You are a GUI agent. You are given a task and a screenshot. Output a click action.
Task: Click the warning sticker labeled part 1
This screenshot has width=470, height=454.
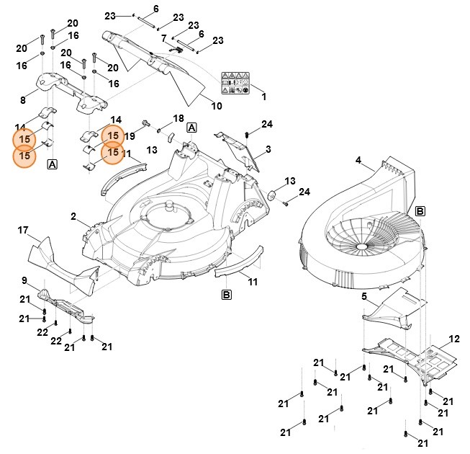(235, 83)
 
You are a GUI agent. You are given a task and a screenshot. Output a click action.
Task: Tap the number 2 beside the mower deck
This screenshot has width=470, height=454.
(73, 216)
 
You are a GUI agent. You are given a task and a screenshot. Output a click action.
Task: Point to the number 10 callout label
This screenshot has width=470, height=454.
(216, 106)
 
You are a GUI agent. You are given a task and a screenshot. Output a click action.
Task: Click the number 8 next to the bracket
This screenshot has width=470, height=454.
(23, 100)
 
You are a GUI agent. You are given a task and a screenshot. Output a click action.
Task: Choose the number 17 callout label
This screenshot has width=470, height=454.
(22, 231)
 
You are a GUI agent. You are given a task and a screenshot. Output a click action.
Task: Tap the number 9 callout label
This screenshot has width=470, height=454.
(24, 280)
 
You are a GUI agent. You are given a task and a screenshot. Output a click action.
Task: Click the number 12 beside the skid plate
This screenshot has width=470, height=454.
(453, 339)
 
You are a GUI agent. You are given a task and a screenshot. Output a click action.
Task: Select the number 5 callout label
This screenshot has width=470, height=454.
(364, 296)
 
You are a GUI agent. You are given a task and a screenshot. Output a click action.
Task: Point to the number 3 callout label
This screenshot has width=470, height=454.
(268, 149)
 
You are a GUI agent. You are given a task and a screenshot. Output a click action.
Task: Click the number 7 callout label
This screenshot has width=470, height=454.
(163, 38)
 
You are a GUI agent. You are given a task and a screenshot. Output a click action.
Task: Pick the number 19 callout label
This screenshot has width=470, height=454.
(130, 135)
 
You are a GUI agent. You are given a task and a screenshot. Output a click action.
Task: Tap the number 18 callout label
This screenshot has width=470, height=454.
(178, 118)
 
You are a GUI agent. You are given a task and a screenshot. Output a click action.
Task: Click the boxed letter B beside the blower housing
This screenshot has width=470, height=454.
(420, 211)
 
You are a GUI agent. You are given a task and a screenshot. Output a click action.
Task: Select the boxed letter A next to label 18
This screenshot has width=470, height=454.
(191, 128)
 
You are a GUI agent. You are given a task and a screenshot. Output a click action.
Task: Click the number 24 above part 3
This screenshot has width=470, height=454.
(267, 125)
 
